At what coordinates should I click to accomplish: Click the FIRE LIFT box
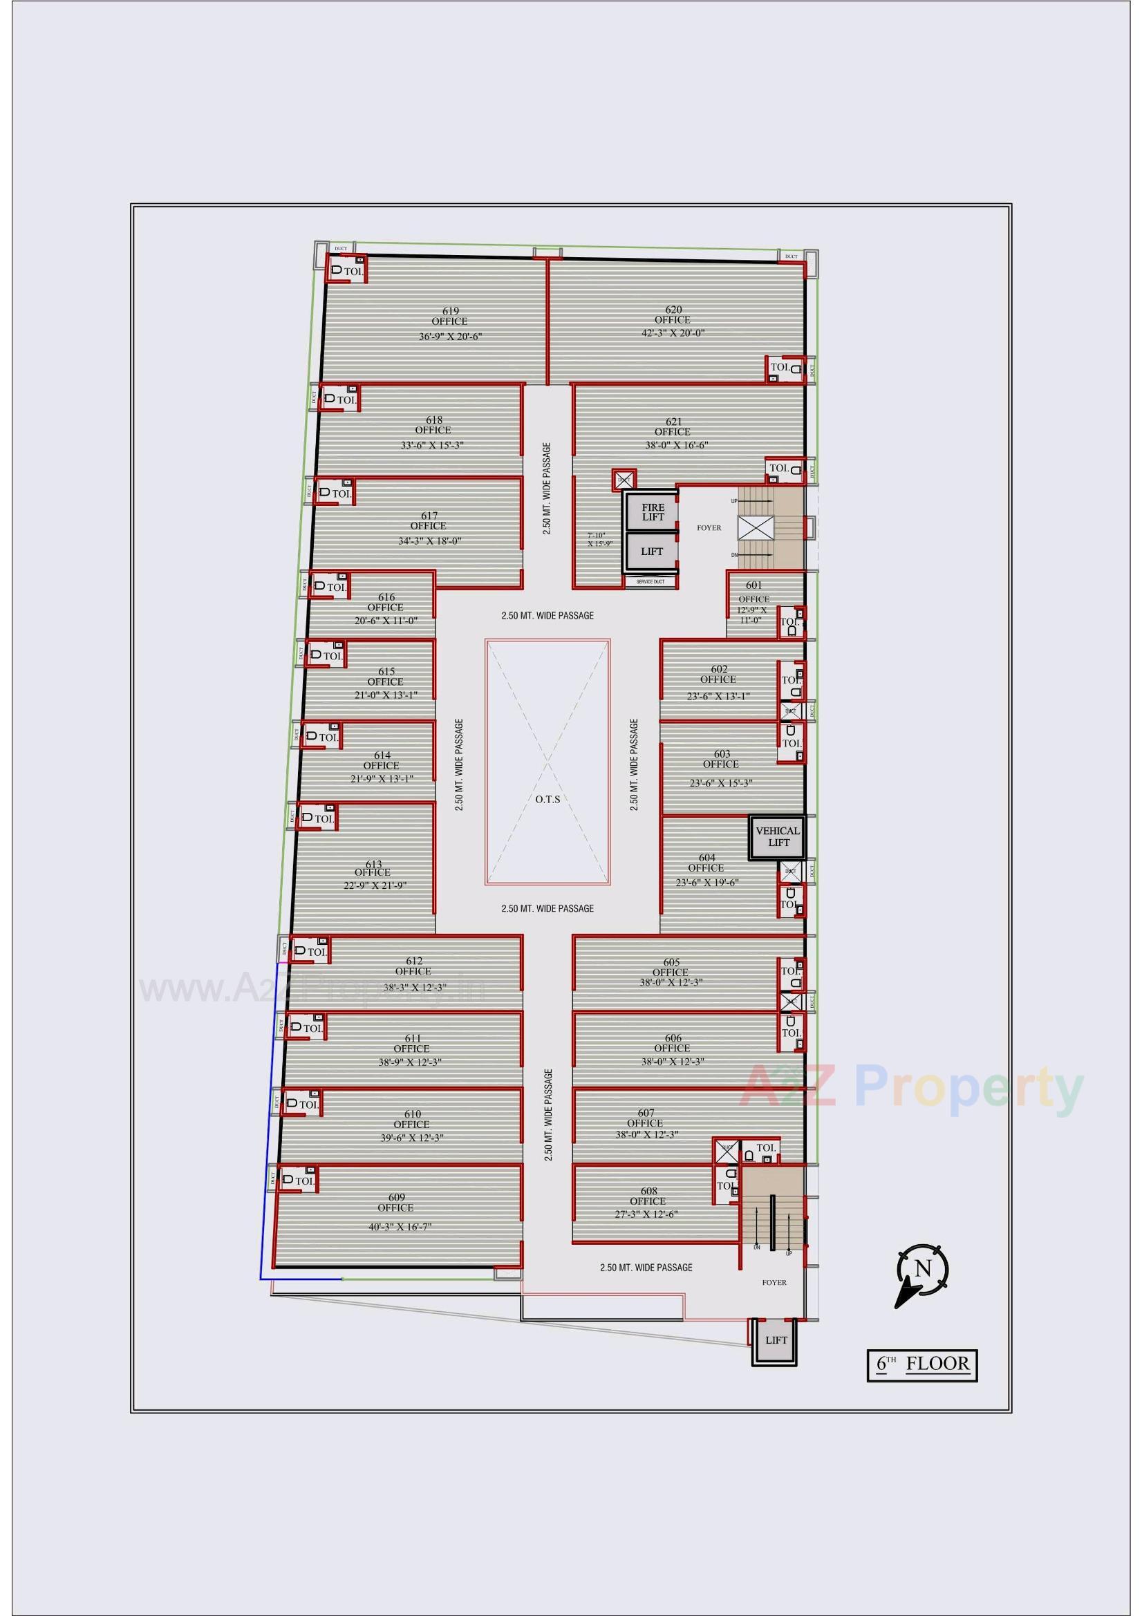tap(653, 512)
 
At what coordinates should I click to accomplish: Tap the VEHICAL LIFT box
tap(777, 837)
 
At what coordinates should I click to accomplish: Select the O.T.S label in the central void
tap(547, 799)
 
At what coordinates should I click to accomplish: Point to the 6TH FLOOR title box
tap(921, 1363)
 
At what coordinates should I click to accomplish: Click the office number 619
tap(451, 311)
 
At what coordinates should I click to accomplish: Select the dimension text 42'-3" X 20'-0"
tap(672, 333)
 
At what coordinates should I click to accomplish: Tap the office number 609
tap(396, 1197)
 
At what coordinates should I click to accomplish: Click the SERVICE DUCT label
tap(650, 582)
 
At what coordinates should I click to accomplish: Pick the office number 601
tap(754, 585)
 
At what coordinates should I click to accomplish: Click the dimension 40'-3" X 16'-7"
tap(400, 1227)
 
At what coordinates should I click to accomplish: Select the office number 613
tap(374, 864)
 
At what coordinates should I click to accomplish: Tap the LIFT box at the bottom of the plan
tap(776, 1340)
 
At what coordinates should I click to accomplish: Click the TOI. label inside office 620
tap(779, 367)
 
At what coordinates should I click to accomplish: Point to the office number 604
tap(707, 857)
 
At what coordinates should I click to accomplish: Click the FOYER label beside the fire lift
tap(709, 527)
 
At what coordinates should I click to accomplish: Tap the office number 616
tap(386, 598)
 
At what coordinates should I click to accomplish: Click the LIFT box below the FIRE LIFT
tap(652, 552)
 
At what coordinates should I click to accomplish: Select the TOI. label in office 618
tap(346, 400)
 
